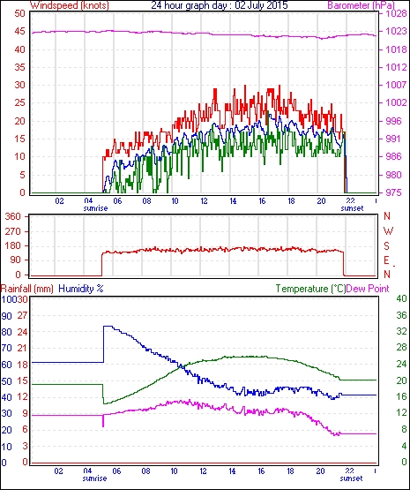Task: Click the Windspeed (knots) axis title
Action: [x=70, y=5]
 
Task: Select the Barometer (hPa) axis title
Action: [x=362, y=5]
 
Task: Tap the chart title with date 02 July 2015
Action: [x=220, y=5]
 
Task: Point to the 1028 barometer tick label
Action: [x=396, y=13]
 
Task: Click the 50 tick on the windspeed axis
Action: [x=19, y=13]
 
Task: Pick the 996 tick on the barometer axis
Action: [x=393, y=121]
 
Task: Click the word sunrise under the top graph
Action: [x=95, y=208]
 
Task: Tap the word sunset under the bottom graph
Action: [x=351, y=478]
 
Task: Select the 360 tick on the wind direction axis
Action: [x=12, y=217]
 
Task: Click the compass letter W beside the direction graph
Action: [x=388, y=231]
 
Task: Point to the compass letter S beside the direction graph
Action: [x=386, y=245]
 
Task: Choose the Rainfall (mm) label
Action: [x=27, y=289]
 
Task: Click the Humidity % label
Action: [x=81, y=289]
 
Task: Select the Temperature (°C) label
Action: [x=310, y=289]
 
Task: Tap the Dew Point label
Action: [x=368, y=289]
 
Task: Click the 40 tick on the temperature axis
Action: [x=401, y=299]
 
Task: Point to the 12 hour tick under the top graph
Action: [x=204, y=201]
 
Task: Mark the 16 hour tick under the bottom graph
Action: [x=261, y=471]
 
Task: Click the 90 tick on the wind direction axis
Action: [x=16, y=260]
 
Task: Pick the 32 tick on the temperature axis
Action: [x=401, y=332]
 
